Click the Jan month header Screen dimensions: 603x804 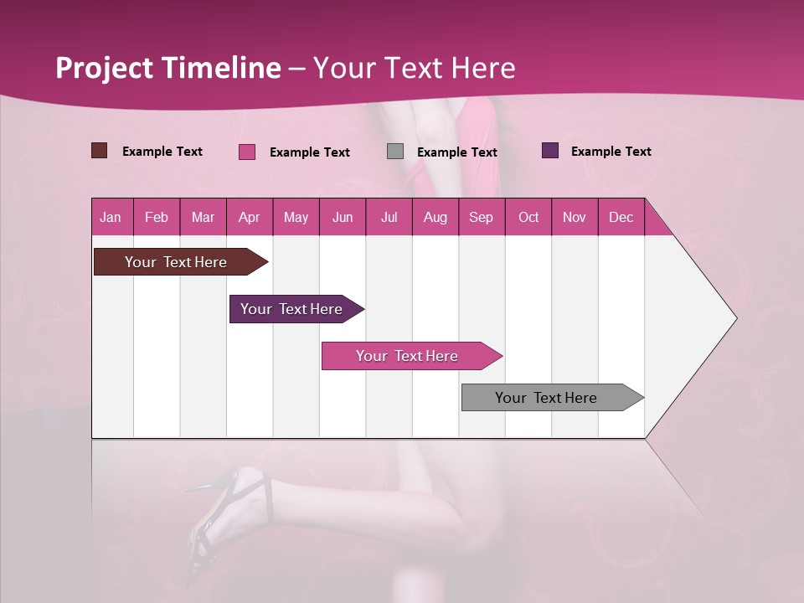pos(111,217)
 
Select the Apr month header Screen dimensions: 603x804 pos(250,217)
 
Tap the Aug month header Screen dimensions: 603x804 pos(435,217)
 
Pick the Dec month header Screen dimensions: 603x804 pos(621,217)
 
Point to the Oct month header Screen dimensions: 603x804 pos(528,217)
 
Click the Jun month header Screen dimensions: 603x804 pos(343,217)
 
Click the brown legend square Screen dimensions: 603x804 pos(99,151)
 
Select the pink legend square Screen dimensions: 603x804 pos(246,152)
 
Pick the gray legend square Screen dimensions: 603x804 pos(395,151)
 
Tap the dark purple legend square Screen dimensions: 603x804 pos(550,151)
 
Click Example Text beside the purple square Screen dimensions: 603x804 pos(611,151)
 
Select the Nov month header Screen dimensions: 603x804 pos(575,217)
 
